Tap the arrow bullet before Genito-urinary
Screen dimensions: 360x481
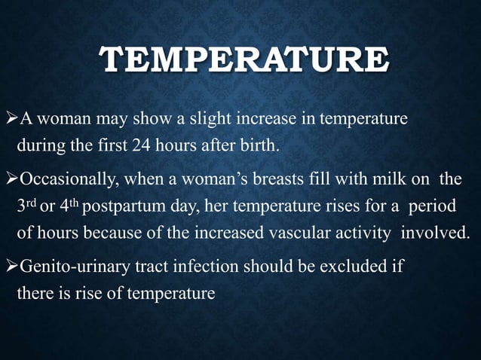pos(11,267)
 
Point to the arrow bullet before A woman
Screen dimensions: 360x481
pos(11,119)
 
